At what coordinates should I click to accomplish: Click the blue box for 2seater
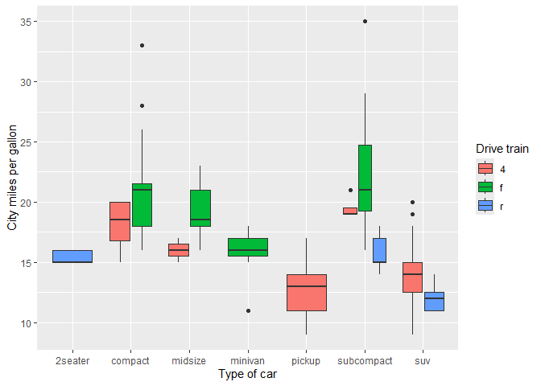[72, 257]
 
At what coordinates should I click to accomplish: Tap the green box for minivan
[248, 247]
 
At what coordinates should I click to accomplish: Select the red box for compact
[120, 221]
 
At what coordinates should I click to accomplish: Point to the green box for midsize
[200, 208]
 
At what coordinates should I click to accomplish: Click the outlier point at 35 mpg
[365, 22]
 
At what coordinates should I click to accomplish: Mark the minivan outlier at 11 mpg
[248, 310]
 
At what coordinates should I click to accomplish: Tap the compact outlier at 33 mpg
[142, 46]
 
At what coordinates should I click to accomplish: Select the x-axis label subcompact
[365, 361]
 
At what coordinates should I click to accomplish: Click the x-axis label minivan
[248, 361]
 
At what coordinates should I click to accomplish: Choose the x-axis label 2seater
[72, 361]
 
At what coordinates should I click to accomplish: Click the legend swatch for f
[485, 187]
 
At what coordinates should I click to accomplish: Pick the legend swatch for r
[485, 205]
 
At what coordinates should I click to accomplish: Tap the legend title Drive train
[502, 149]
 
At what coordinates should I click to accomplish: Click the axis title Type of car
[247, 375]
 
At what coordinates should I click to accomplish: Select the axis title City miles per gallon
[12, 179]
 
